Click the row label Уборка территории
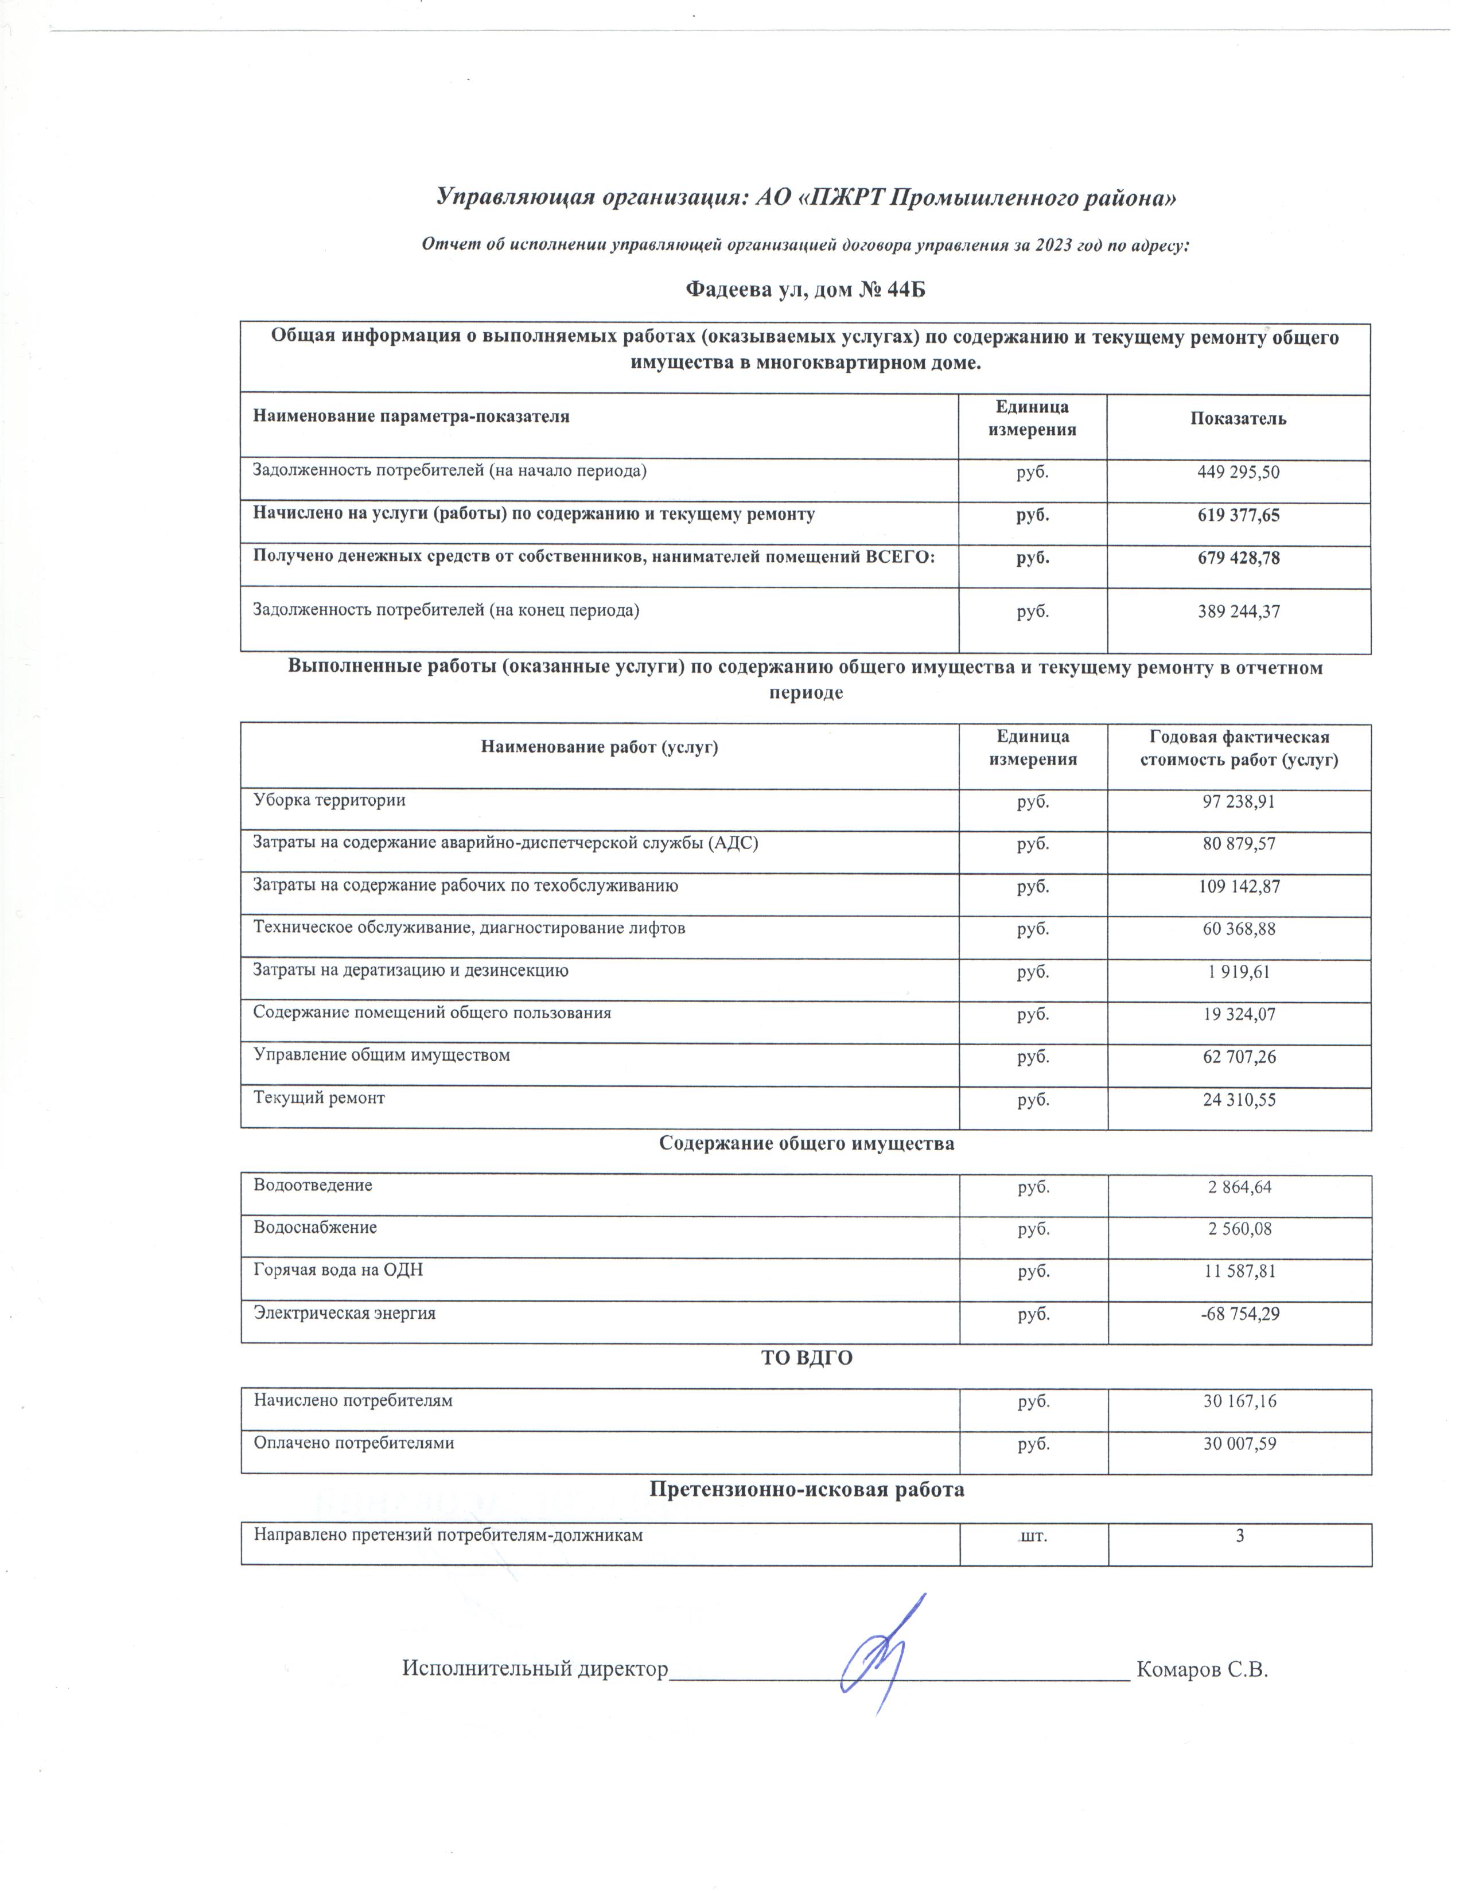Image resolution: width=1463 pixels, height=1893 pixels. (x=329, y=800)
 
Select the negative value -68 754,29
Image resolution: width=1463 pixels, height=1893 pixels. (x=1239, y=1314)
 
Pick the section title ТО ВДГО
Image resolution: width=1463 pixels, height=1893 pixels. (x=806, y=1358)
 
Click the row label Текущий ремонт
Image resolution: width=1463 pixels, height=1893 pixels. (x=319, y=1098)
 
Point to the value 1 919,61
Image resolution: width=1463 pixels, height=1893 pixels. (x=1239, y=972)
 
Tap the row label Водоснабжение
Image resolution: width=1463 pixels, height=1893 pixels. (x=316, y=1228)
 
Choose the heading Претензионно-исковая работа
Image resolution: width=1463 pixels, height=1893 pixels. (x=806, y=1490)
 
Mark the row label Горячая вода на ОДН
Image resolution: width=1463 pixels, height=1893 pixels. (x=338, y=1270)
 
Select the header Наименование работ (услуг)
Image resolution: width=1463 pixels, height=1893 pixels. (x=599, y=747)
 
